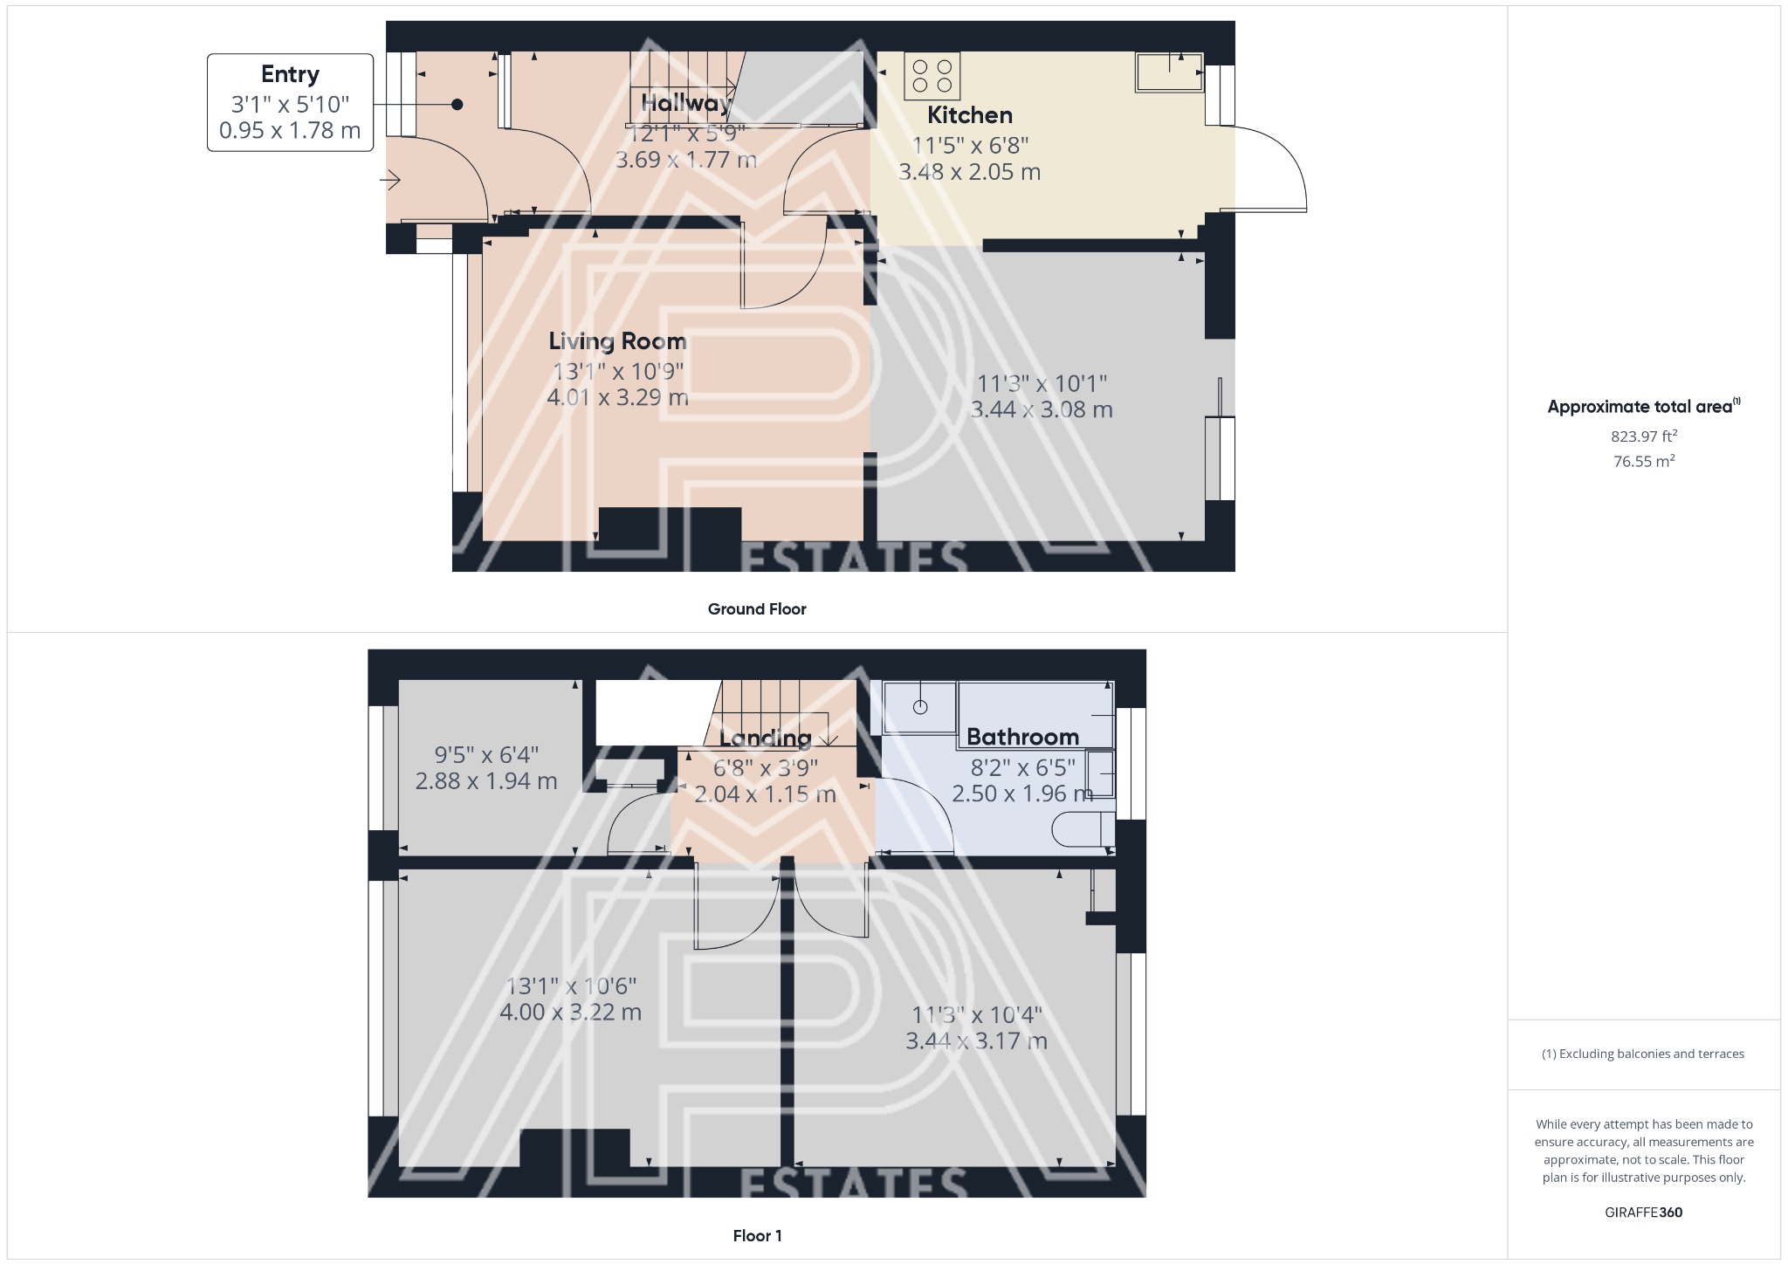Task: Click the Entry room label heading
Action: click(x=290, y=74)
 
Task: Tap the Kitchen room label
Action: click(x=969, y=115)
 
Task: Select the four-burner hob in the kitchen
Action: click(x=932, y=74)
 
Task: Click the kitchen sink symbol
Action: click(x=1168, y=72)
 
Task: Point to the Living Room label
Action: click(x=617, y=341)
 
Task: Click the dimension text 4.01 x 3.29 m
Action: click(x=617, y=398)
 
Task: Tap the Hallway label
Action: click(x=686, y=103)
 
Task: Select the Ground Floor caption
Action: click(x=757, y=609)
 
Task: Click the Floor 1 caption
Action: click(x=757, y=1236)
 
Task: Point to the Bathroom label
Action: click(x=1022, y=737)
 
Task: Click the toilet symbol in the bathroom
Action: click(x=1083, y=829)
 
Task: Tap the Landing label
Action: click(x=765, y=738)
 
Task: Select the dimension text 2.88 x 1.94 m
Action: click(x=486, y=781)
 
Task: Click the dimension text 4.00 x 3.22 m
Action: click(x=570, y=1013)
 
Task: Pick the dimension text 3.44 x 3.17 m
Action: click(x=976, y=1041)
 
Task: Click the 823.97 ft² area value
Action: click(x=1643, y=436)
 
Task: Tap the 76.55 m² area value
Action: click(x=1643, y=461)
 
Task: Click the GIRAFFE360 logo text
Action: click(x=1643, y=1212)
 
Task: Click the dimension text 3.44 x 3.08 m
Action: click(x=1042, y=409)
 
